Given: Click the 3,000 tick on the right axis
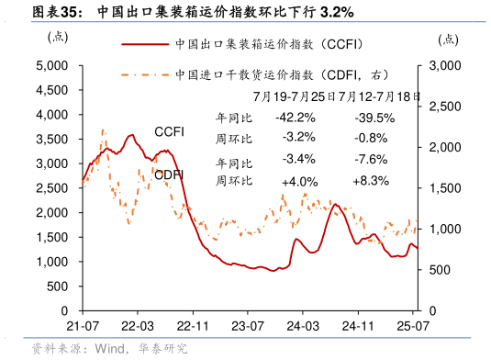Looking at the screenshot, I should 444,66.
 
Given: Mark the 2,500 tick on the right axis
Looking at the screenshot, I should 444,107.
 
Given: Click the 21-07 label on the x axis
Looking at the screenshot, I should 83,326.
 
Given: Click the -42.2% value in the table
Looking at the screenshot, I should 295,118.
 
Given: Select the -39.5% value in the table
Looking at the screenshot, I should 374,118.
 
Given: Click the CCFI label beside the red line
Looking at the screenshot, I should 169,132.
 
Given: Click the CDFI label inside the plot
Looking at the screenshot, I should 168,174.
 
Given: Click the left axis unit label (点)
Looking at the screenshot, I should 57,38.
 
